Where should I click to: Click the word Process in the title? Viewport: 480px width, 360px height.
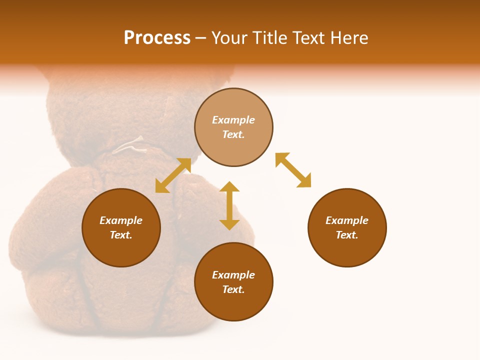pos(157,38)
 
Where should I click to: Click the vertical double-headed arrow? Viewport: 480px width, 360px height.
pos(229,206)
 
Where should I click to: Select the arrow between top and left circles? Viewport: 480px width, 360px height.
pos(173,175)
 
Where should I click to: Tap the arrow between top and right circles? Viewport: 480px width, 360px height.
pos(293,170)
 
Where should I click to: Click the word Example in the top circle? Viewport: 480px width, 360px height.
pos(233,120)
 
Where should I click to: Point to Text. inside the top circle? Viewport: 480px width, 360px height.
pos(233,134)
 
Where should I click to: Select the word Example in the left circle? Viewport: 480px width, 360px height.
pos(121,220)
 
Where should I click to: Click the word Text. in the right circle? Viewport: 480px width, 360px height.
pos(347,235)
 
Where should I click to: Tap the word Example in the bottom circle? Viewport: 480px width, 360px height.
pos(233,275)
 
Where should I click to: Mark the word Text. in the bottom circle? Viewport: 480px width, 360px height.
pos(233,289)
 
